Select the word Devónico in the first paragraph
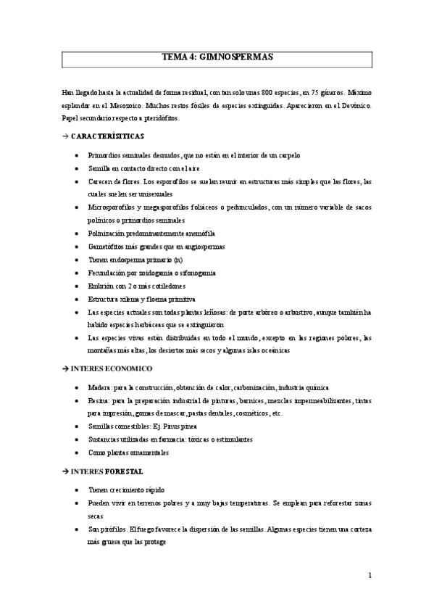[355, 106]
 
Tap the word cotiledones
[174, 286]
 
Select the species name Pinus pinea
[185, 426]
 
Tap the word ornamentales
[147, 453]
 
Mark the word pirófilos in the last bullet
[116, 529]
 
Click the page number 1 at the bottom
[370, 577]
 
